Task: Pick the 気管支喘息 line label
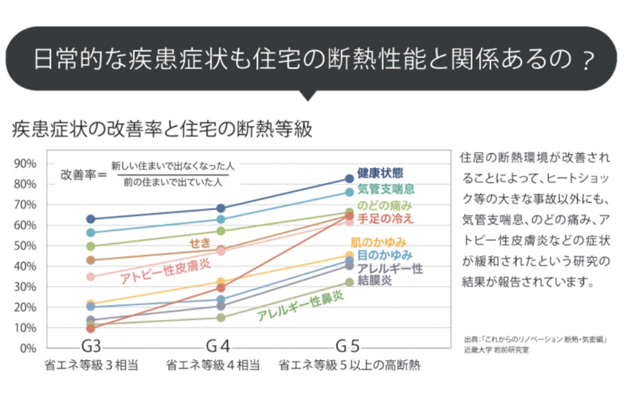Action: pyautogui.click(x=386, y=189)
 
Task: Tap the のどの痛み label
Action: pyautogui.click(x=385, y=205)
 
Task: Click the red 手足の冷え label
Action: pyautogui.click(x=385, y=218)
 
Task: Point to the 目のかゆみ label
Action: pyautogui.click(x=385, y=255)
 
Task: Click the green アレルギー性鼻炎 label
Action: pyautogui.click(x=300, y=305)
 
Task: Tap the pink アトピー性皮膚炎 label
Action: pyautogui.click(x=165, y=269)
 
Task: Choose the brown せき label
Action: pyautogui.click(x=200, y=243)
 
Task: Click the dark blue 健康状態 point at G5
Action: pyautogui.click(x=349, y=179)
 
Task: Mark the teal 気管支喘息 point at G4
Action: pyautogui.click(x=221, y=219)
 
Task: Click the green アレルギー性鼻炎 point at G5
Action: pyautogui.click(x=349, y=282)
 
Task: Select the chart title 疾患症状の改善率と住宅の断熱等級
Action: pyautogui.click(x=162, y=129)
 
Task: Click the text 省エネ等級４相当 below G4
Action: pyautogui.click(x=213, y=366)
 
